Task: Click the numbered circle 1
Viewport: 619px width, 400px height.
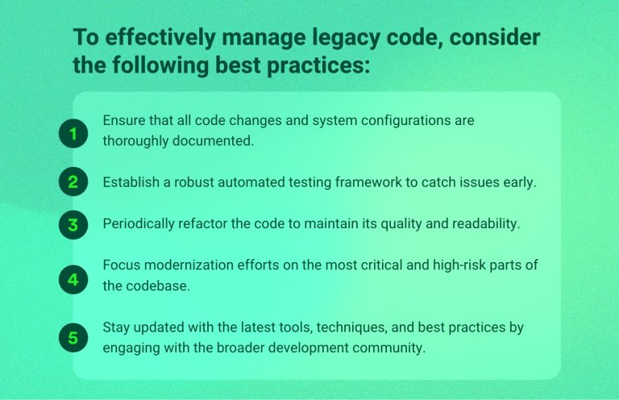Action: coord(73,134)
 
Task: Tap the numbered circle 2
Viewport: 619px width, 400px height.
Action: coord(73,182)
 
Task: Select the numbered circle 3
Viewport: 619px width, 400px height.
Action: coord(73,224)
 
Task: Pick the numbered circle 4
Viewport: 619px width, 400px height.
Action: coord(73,280)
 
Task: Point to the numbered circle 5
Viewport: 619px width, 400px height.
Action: coord(73,338)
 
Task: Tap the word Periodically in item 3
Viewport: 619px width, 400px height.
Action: coord(139,224)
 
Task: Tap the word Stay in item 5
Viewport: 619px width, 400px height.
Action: coord(117,327)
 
